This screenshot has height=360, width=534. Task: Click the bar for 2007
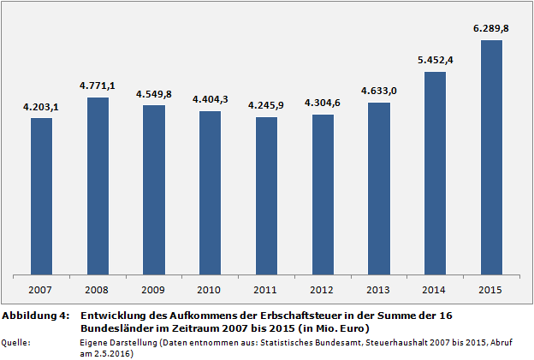(41, 196)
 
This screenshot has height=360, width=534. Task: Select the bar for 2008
(98, 186)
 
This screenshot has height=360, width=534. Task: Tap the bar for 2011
(266, 196)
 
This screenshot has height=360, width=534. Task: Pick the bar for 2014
(435, 173)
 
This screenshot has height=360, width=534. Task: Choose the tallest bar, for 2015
(491, 157)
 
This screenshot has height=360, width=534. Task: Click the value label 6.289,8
(491, 28)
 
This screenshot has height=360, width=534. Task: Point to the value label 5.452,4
(435, 60)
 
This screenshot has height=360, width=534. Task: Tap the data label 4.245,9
(266, 105)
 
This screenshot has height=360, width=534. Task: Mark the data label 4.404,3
(210, 99)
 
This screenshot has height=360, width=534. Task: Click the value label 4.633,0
(378, 91)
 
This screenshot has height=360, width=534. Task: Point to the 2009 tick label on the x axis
(154, 289)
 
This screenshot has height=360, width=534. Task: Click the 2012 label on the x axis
(323, 289)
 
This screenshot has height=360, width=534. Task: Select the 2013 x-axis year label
(378, 289)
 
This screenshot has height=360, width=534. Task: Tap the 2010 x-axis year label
(210, 289)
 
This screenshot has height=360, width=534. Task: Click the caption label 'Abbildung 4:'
(35, 316)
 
